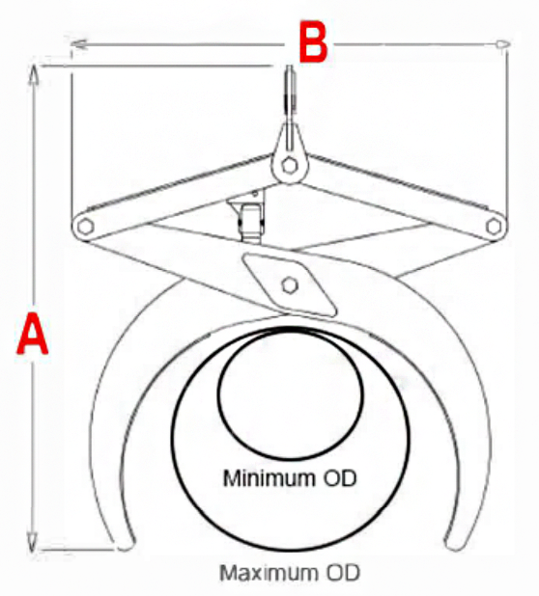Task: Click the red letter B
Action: pos(313,41)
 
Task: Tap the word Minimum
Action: pos(269,477)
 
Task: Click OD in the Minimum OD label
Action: pos(340,477)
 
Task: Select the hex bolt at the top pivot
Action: pos(290,165)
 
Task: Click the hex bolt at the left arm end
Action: pos(85,227)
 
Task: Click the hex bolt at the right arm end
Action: pos(494,227)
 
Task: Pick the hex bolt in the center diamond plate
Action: pos(290,285)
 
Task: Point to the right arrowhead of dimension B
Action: pos(502,44)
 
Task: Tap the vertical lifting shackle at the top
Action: pos(290,94)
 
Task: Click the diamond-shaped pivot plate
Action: pos(290,285)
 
